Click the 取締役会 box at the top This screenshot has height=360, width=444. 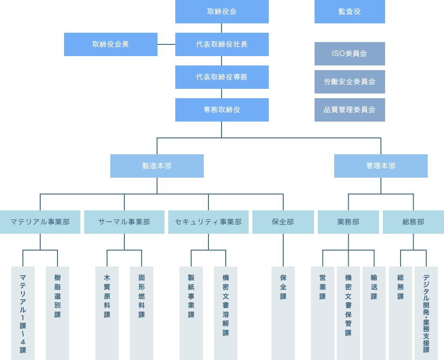[222, 12]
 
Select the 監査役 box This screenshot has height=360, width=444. [350, 12]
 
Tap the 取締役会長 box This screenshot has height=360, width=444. [110, 44]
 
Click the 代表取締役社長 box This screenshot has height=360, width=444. [222, 44]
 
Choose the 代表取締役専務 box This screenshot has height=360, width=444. [222, 77]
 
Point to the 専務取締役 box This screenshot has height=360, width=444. [222, 110]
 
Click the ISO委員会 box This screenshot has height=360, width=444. [350, 54]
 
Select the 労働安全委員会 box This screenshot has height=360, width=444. [350, 82]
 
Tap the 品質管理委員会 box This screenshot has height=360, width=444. [350, 110]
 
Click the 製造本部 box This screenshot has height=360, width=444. [157, 166]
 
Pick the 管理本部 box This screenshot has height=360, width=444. [380, 166]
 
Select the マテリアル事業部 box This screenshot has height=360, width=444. [40, 222]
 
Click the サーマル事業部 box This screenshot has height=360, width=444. [124, 222]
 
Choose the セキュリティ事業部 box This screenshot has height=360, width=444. [208, 222]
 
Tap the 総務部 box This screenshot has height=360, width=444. [413, 222]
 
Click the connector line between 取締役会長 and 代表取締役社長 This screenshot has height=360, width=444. [166, 44]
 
